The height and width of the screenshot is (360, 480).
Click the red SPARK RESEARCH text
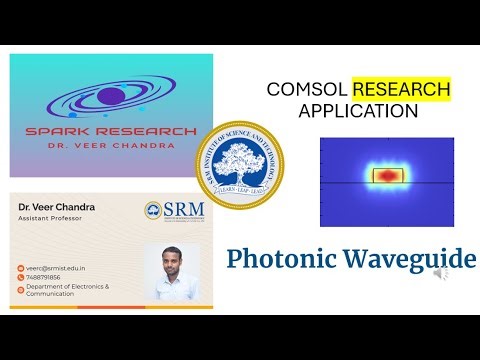click(x=111, y=130)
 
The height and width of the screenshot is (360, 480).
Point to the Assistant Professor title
click(x=50, y=218)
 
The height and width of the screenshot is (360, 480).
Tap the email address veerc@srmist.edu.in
click(x=56, y=269)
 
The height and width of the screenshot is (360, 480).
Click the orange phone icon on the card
click(x=20, y=279)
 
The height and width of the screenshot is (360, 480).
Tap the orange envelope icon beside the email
click(x=20, y=269)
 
